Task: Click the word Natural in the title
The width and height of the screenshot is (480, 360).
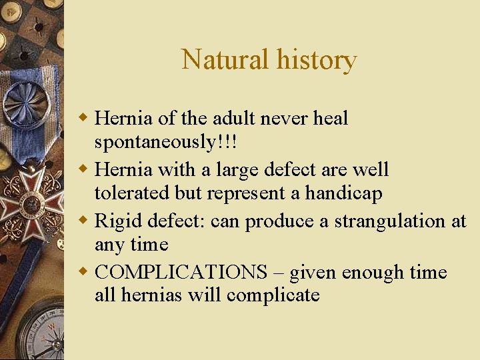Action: [x=221, y=60]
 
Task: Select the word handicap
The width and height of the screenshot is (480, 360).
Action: [x=344, y=193]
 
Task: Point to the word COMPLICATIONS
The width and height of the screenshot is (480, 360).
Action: [x=180, y=272]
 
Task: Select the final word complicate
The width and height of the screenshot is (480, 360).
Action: [x=273, y=295]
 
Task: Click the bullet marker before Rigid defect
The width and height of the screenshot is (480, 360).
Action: [x=85, y=221]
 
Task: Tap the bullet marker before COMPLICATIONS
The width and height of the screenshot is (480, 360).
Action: [x=85, y=272]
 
